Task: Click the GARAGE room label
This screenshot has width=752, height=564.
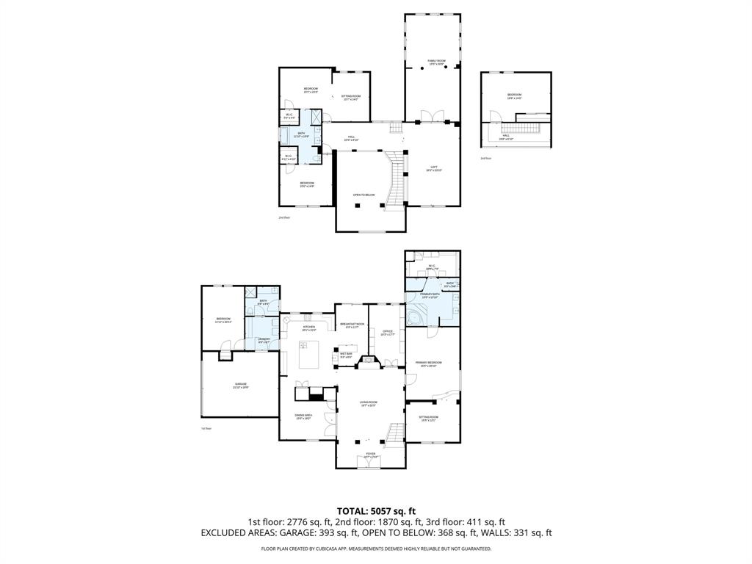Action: [241, 385]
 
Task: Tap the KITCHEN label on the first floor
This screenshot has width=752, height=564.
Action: [308, 328]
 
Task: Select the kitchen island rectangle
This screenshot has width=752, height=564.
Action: [309, 355]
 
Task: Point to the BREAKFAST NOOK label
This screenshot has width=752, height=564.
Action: [350, 325]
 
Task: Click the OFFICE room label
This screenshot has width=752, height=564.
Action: [387, 332]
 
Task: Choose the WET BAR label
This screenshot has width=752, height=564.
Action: [346, 355]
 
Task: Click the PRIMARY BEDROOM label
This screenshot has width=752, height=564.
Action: [428, 364]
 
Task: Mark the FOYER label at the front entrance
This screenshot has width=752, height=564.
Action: [371, 455]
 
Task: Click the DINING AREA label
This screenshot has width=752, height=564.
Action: [304, 416]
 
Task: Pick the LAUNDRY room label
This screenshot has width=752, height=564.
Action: [264, 340]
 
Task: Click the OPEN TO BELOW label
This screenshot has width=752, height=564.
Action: [364, 195]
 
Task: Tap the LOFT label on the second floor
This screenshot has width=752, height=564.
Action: [434, 168]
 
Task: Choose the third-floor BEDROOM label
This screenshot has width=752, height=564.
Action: [514, 95]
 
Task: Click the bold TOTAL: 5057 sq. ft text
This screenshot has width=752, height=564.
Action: [376, 511]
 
